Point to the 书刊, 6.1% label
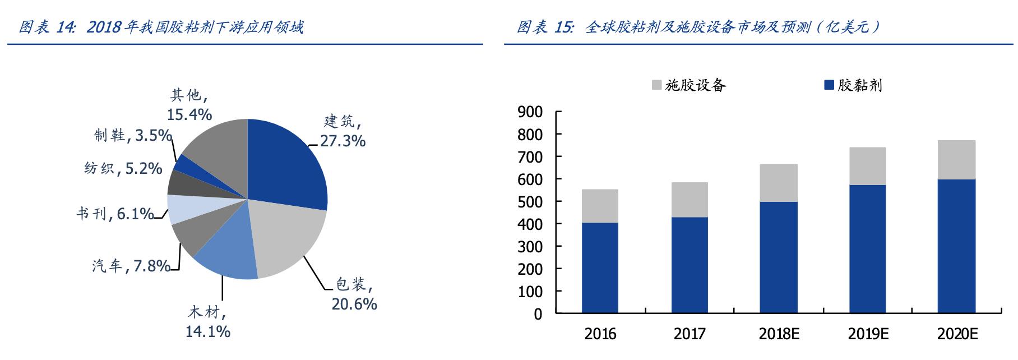click(x=115, y=214)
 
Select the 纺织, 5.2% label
click(x=123, y=168)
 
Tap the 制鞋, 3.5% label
click(x=132, y=135)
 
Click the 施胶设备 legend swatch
click(x=656, y=85)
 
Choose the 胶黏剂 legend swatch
click(x=829, y=85)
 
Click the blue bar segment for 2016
click(x=600, y=268)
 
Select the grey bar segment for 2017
click(x=690, y=200)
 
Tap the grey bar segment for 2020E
click(x=957, y=160)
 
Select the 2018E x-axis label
click(x=779, y=334)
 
